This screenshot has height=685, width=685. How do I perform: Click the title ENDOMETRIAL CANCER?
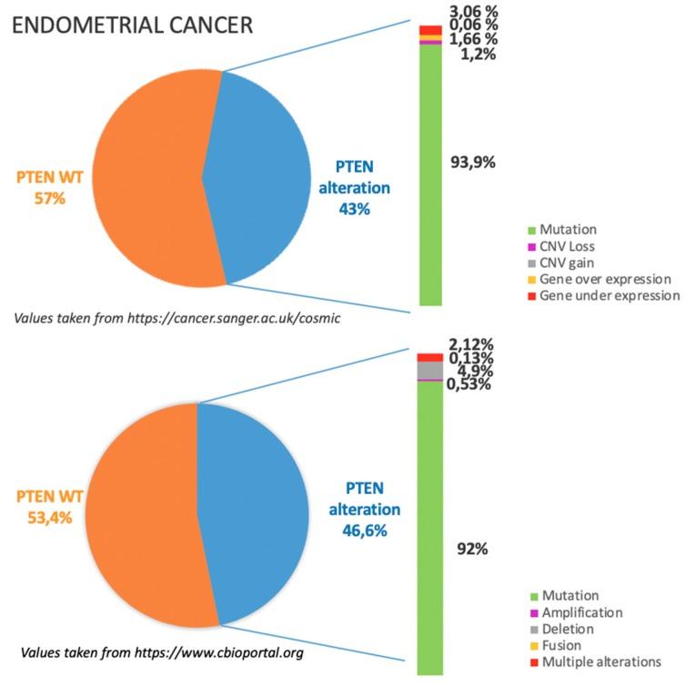tap(131, 24)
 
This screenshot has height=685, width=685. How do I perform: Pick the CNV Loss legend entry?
tap(569, 247)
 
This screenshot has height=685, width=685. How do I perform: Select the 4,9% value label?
tap(470, 371)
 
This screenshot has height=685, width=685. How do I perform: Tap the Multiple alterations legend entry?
tap(600, 661)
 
